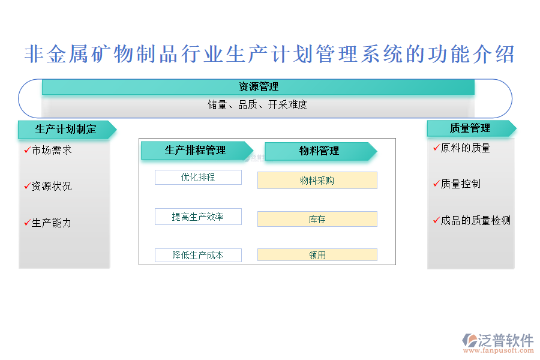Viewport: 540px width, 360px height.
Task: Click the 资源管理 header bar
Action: pyautogui.click(x=258, y=87)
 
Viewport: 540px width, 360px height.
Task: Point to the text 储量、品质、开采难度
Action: pyautogui.click(x=257, y=105)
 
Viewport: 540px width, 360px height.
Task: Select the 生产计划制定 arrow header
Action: pyautogui.click(x=67, y=130)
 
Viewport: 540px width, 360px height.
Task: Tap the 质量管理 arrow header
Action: pyautogui.click(x=472, y=128)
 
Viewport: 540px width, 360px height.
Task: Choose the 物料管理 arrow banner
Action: pyautogui.click(x=320, y=151)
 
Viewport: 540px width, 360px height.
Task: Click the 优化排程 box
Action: pyautogui.click(x=198, y=178)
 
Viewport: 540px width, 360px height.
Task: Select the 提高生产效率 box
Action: pyautogui.click(x=198, y=217)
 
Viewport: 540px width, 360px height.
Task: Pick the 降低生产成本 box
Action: pyautogui.click(x=198, y=255)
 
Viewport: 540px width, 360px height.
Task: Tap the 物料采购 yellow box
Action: pyautogui.click(x=317, y=181)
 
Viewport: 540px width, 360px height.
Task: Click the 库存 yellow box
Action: pyautogui.click(x=317, y=219)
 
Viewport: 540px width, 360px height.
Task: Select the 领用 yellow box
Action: pyautogui.click(x=317, y=255)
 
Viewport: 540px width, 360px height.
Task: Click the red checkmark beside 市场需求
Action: pyautogui.click(x=28, y=150)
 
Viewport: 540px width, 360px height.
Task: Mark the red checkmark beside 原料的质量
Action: pyautogui.click(x=437, y=148)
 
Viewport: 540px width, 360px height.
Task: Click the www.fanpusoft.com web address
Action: pyautogui.click(x=499, y=350)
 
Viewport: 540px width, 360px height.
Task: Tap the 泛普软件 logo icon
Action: pyautogui.click(x=470, y=340)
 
